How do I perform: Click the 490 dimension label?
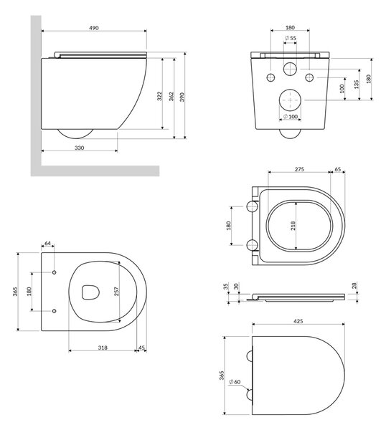point(94,28)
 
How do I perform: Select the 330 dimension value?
point(80,148)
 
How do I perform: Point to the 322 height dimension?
point(159,96)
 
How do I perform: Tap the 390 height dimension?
point(182,97)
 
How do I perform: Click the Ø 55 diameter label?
point(290,38)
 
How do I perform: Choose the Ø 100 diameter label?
point(290,117)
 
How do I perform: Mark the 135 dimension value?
point(356,84)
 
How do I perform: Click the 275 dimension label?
point(299,169)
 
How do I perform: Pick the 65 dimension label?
point(338,169)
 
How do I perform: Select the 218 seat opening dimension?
point(293,226)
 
